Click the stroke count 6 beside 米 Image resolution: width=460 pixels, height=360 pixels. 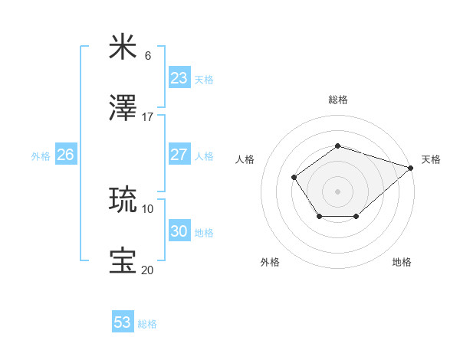148,56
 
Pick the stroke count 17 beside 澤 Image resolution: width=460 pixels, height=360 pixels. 148,117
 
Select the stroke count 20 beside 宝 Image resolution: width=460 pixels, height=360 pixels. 147,270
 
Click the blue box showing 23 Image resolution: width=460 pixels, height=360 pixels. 179,78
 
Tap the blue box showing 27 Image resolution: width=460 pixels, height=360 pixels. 179,155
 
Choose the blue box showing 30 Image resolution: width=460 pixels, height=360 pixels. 179,231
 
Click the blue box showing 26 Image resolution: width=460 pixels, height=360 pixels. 65,155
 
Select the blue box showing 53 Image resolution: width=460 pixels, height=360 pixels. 123,322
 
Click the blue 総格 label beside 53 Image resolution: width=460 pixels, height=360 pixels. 147,324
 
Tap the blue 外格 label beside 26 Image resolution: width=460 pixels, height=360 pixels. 41,156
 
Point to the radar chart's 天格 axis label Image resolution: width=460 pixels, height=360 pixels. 431,159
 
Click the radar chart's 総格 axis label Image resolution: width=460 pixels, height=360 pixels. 337,100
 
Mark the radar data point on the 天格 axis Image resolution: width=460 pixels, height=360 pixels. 411,167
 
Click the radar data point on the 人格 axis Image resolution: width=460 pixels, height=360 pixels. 294,177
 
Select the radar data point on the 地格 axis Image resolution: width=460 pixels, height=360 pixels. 356,218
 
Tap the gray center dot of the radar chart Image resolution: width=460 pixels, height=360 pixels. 337,191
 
